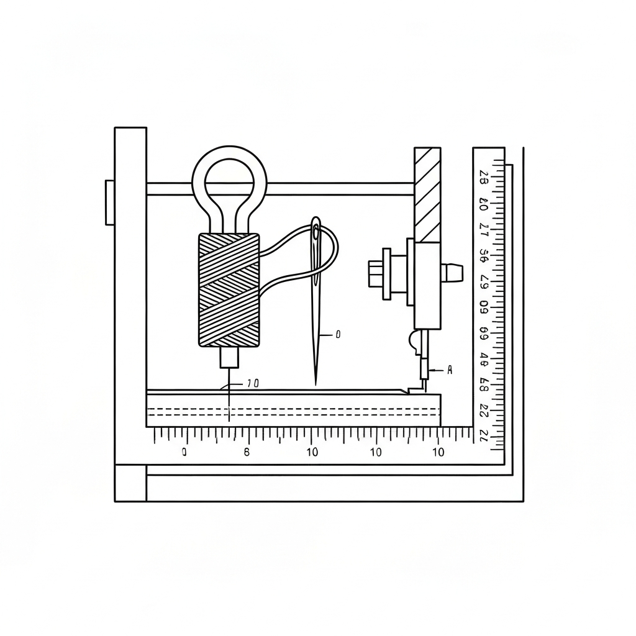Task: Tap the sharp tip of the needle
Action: point(316,383)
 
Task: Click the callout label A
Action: point(450,370)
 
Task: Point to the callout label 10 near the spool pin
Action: point(252,384)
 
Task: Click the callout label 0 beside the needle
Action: point(338,334)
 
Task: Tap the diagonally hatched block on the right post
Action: point(427,194)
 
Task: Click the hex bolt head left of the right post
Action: point(375,274)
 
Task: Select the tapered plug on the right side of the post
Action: point(453,272)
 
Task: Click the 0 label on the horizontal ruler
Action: point(184,453)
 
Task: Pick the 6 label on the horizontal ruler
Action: point(247,452)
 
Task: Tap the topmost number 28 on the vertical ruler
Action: point(484,179)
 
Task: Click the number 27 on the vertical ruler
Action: point(484,228)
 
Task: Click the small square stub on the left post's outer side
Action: point(110,202)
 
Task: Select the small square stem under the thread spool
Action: point(229,357)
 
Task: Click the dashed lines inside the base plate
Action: point(292,411)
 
